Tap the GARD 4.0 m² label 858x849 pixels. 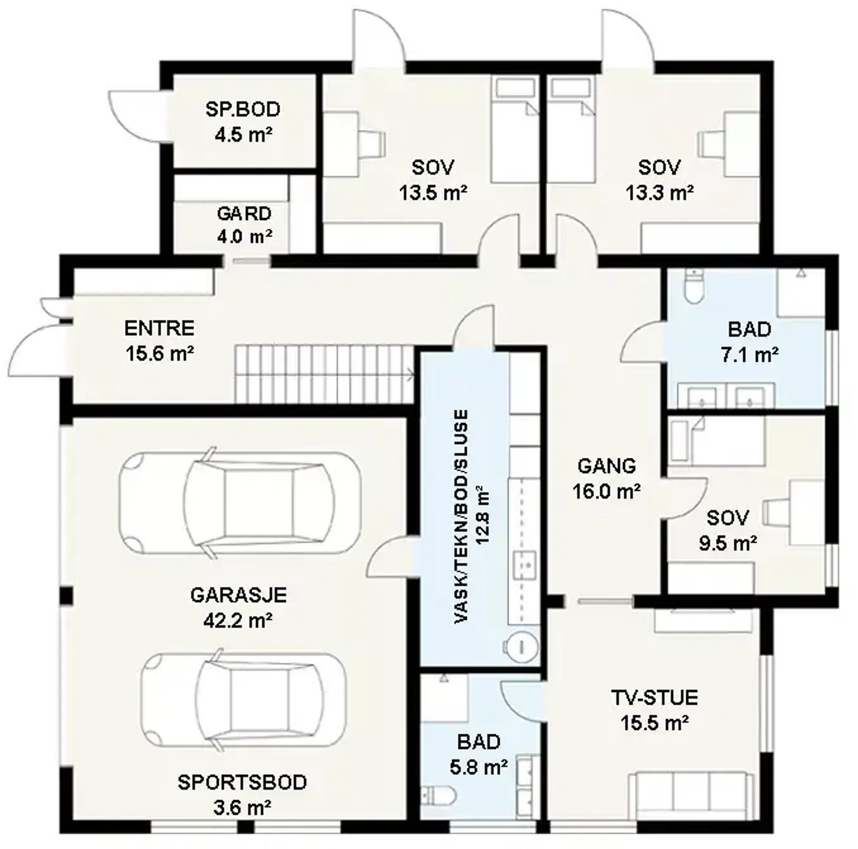[x=244, y=225]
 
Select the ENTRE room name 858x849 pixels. [x=160, y=329]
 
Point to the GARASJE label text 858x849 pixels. [x=238, y=595]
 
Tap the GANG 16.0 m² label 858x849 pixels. [x=607, y=479]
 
